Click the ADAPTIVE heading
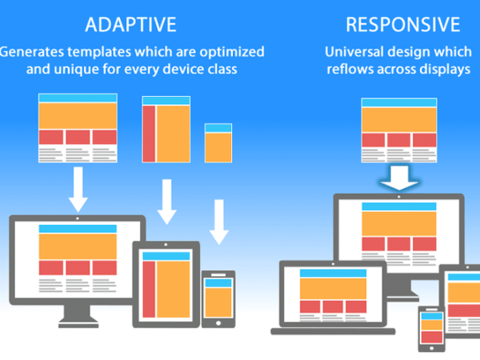pos(130,25)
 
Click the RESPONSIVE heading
pos(403,25)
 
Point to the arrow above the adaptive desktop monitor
pos(78,189)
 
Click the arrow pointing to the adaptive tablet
pos(167,202)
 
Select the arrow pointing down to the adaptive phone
pos(219,222)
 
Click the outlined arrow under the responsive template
pos(399,178)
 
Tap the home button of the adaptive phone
pos(218,323)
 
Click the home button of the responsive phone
pos(432,348)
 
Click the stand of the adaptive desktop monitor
pos(78,316)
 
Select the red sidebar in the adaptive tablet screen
pos(149,290)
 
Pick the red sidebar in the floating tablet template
pos(149,134)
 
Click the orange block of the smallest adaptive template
pos(218,147)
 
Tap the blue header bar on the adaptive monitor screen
pos(78,229)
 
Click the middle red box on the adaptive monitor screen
pos(78,268)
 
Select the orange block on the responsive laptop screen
pos(333,288)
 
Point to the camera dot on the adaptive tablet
pos(166,245)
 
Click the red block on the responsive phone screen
pos(432,337)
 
